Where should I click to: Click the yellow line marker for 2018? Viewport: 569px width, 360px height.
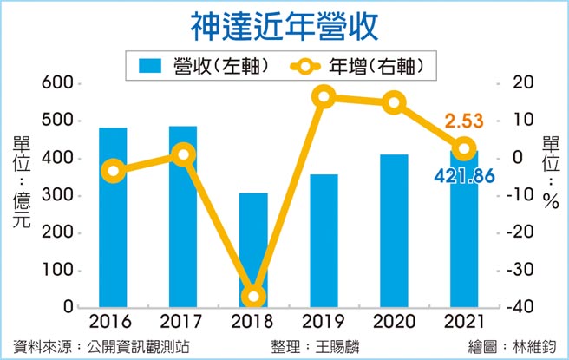tap(253, 298)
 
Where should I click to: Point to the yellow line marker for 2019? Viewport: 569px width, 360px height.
tap(324, 97)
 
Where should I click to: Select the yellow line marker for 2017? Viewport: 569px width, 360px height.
tap(183, 154)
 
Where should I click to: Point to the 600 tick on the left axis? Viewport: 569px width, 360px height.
tap(55, 83)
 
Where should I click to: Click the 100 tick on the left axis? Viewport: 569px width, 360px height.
tap(55, 271)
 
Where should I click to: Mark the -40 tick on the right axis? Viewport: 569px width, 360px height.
tap(519, 308)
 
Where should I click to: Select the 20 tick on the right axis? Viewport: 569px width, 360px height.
tap(518, 83)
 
